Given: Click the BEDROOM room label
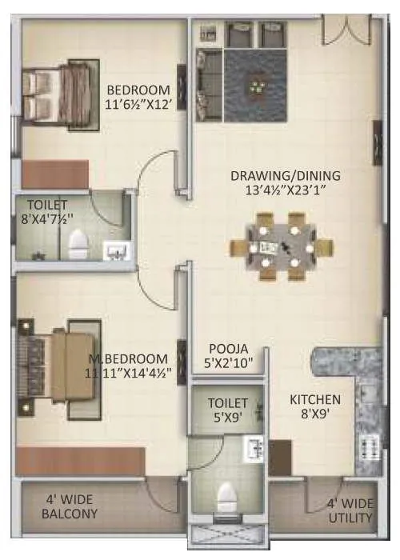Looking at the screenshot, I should [x=138, y=88].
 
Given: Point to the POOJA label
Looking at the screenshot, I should [x=229, y=349].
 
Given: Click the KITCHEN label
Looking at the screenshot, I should [x=314, y=399].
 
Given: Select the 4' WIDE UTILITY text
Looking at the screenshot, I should [x=350, y=511].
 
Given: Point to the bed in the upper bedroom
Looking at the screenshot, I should [x=58, y=94].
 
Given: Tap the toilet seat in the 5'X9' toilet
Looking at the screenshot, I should [x=226, y=502].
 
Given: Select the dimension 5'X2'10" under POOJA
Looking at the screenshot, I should [x=229, y=364].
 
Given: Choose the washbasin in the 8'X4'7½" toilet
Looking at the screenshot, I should [x=118, y=252].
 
